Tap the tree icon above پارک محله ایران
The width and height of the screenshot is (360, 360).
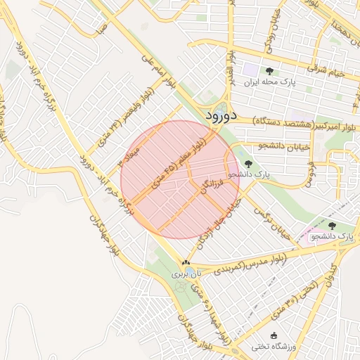[269, 70]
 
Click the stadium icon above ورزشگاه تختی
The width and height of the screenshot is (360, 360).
[275, 335]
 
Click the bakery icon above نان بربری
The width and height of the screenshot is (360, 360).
[186, 263]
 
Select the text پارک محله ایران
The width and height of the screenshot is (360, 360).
[269, 82]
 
